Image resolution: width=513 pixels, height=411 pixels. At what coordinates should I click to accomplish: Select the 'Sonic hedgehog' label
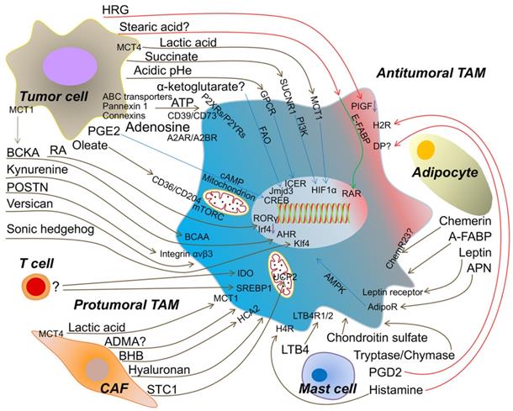pos(49,229)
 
